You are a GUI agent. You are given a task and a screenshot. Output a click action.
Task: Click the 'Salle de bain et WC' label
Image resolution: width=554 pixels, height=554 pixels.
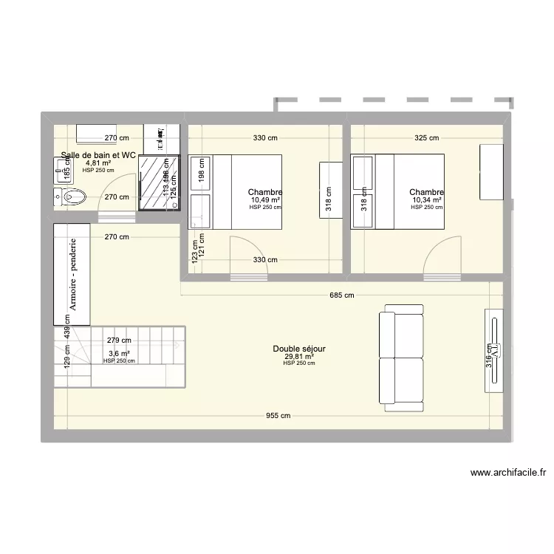pos(99,155)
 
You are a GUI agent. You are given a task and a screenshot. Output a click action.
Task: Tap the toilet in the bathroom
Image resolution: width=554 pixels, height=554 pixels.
pos(72,196)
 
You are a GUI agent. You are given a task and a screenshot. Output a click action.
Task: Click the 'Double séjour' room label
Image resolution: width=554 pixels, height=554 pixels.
pos(299,349)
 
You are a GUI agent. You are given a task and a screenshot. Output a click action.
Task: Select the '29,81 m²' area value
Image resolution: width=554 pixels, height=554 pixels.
pos(299,356)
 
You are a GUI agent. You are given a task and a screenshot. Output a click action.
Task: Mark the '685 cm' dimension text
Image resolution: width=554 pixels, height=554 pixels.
pos(342,295)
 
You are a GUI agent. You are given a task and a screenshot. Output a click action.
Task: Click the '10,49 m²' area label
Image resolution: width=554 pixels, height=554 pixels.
pos(265,200)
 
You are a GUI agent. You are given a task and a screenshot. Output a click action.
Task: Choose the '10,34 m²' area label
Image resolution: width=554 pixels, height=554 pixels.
pos(427,200)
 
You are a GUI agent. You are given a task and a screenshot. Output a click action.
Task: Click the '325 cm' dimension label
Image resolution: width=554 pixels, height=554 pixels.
pos(427,138)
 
